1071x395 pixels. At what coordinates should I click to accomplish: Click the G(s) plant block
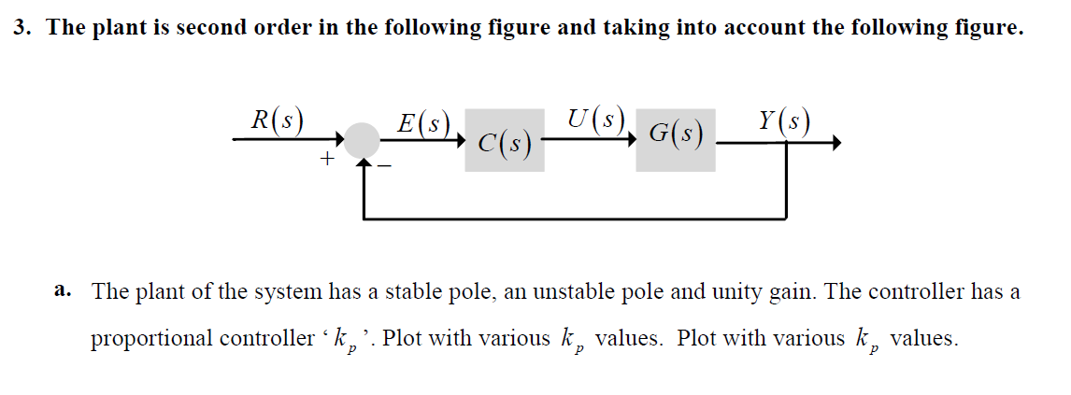pyautogui.click(x=675, y=140)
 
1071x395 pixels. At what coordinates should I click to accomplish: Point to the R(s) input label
pyautogui.click(x=276, y=121)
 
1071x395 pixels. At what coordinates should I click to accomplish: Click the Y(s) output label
pyautogui.click(x=784, y=121)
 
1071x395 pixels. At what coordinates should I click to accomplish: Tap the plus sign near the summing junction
pyautogui.click(x=327, y=161)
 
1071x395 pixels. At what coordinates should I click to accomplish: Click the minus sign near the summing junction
pyautogui.click(x=384, y=167)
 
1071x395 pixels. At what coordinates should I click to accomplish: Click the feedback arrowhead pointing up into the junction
pyautogui.click(x=363, y=164)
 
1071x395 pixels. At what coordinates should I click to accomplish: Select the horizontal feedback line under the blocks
pyautogui.click(x=575, y=219)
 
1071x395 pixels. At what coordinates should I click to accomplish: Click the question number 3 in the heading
pyautogui.click(x=21, y=27)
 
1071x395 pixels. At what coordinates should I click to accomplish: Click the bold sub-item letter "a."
pyautogui.click(x=64, y=290)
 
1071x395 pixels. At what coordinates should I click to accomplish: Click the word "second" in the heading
pyautogui.click(x=214, y=27)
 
